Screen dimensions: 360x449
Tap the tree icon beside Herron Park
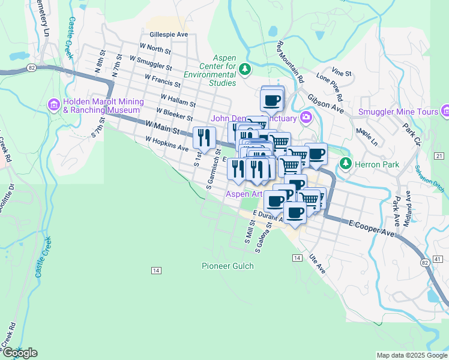(345, 163)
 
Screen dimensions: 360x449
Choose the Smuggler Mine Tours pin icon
(445, 112)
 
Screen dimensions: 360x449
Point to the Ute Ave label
(318, 263)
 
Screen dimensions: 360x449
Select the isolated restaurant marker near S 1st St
(204, 139)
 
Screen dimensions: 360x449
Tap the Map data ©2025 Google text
(411, 355)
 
